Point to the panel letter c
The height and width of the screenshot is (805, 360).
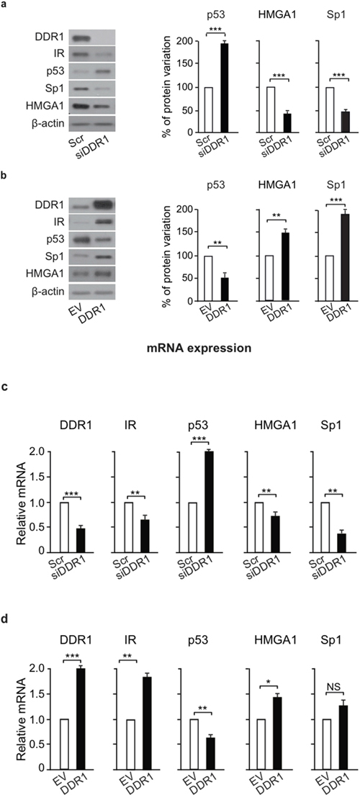(4, 388)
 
